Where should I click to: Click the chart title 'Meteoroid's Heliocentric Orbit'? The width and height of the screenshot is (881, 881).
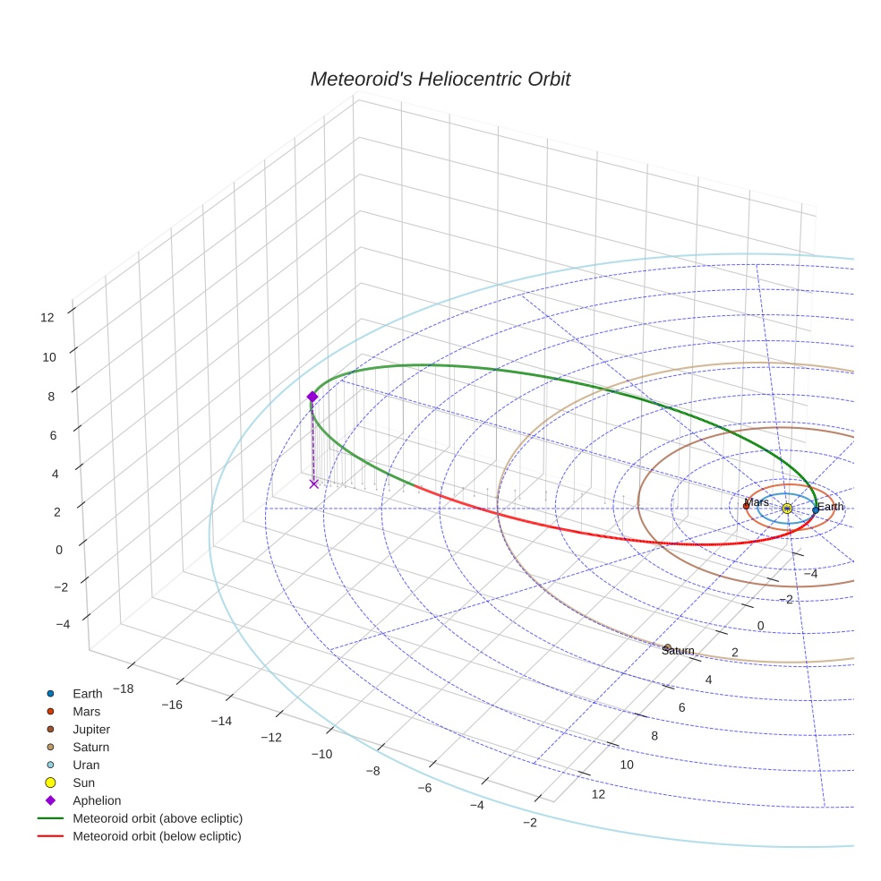440,79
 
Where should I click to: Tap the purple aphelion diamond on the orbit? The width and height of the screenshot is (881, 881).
312,396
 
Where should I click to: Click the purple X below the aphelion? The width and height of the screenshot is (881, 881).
313,483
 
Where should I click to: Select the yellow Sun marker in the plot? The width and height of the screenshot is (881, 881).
786,509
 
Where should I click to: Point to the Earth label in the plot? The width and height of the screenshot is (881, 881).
830,507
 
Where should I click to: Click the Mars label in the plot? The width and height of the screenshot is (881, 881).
757,502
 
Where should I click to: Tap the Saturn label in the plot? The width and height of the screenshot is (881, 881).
678,651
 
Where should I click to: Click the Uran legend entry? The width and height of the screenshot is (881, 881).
86,765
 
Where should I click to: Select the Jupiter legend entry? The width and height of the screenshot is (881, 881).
91,729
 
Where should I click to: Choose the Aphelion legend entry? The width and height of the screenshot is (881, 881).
96,800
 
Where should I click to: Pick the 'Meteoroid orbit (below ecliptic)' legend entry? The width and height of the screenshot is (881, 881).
157,836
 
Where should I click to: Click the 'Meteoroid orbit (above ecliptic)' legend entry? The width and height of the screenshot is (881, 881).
157,818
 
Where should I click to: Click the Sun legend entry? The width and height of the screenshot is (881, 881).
84,783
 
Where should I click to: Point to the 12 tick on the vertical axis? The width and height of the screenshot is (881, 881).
47,316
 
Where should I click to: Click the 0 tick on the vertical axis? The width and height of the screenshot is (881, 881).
59,550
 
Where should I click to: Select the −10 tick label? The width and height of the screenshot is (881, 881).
321,754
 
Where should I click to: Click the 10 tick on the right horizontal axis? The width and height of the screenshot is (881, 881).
626,765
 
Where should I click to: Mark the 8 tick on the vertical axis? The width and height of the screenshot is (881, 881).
51,396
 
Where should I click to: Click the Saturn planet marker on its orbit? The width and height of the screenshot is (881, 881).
667,647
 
